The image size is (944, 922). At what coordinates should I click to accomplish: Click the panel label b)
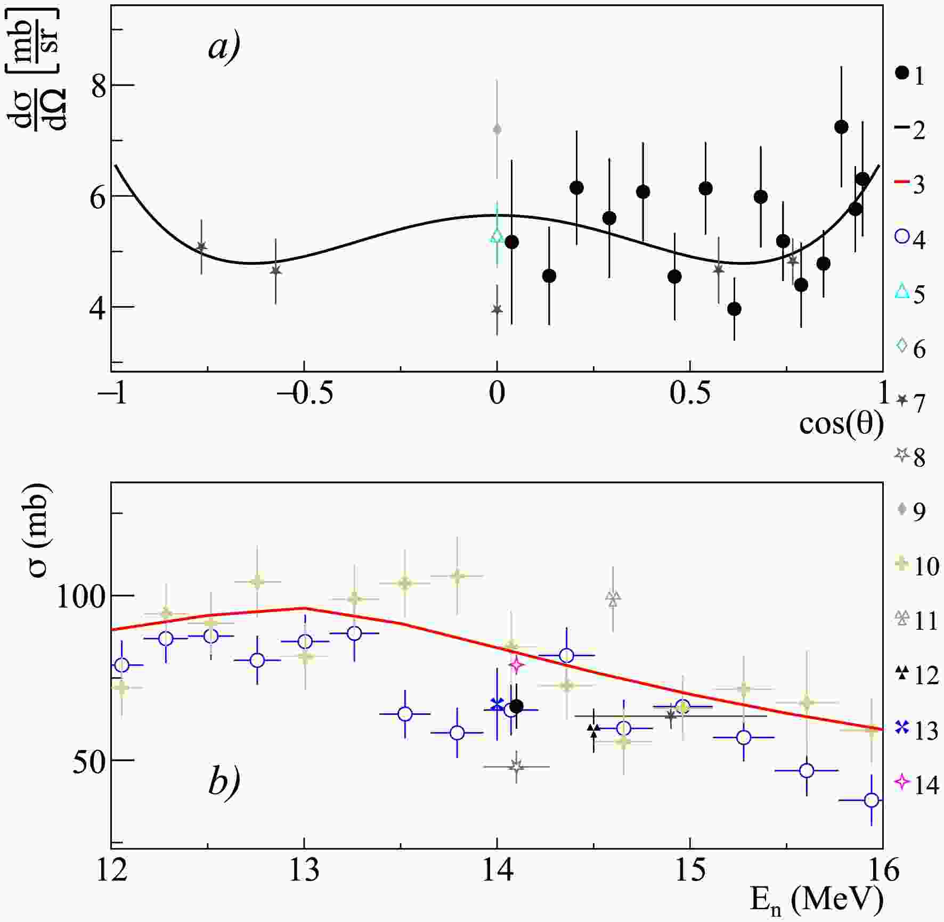224,781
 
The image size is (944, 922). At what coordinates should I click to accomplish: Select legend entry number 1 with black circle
910,75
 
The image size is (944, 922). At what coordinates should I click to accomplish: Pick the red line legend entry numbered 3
910,184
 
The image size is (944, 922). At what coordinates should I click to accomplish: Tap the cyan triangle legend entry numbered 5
910,293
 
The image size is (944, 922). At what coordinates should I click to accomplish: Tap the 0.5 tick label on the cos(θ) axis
690,394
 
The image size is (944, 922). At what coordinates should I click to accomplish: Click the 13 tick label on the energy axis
304,871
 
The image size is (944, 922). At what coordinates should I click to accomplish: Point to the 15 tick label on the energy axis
690,871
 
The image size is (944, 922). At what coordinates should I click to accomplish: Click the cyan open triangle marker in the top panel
497,235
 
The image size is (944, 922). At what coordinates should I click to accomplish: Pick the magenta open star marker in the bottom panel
515,664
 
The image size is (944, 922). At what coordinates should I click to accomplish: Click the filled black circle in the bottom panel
516,706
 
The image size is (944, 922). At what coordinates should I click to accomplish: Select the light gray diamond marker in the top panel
497,129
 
